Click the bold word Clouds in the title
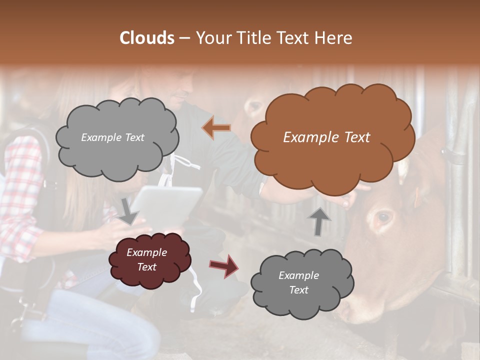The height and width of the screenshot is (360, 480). coord(147,38)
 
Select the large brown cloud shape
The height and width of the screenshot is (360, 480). coord(332,137)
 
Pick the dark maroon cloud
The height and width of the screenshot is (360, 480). coord(148,260)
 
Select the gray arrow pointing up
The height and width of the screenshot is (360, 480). coord(318,221)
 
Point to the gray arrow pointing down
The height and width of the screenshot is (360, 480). coord(129,210)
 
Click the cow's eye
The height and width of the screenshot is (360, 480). coord(384,216)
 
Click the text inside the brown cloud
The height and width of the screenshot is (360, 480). coord(326,137)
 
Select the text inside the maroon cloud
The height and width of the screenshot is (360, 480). coord(146,260)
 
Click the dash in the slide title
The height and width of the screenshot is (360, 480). coord(184,38)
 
